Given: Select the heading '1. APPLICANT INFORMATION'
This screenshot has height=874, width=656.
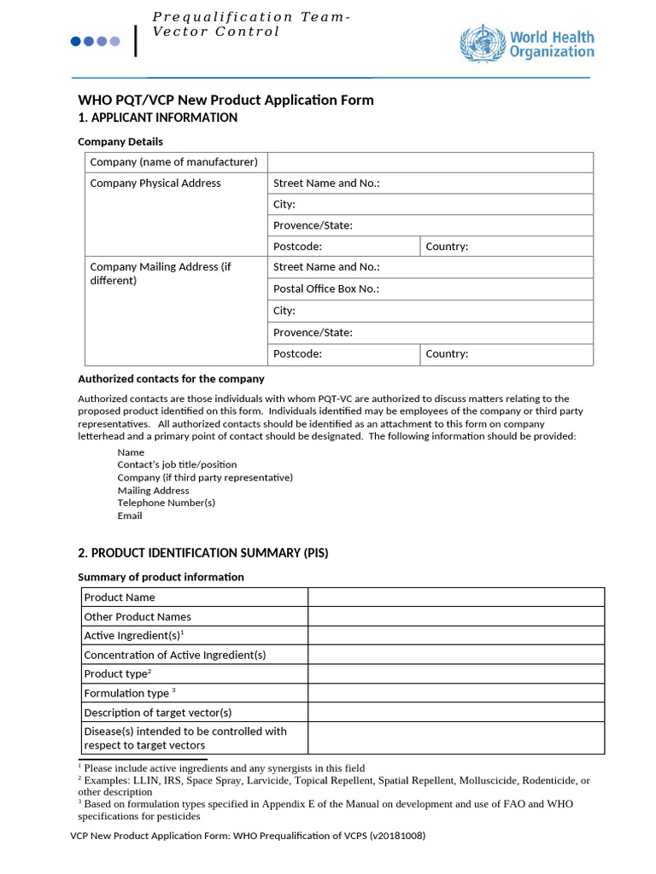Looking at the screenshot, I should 158,118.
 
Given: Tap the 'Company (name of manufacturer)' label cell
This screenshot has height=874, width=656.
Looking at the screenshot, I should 173,162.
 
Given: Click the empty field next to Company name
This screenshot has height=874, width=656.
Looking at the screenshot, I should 430,162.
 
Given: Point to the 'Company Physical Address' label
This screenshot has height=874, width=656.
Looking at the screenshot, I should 155,184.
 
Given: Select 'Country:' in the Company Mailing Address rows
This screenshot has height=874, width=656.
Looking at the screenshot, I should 447,354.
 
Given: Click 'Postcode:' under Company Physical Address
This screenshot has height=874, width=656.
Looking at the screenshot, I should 297,247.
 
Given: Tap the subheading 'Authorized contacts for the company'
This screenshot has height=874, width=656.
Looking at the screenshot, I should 171,379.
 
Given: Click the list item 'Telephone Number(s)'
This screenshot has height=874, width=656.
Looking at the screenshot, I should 166,503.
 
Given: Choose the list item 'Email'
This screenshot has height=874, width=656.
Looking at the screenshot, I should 130,516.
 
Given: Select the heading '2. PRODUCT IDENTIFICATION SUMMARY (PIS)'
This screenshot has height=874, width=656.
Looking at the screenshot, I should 203,553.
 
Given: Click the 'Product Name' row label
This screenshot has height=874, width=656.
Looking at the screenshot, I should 120,597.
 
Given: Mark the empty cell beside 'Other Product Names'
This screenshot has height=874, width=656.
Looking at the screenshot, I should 455,616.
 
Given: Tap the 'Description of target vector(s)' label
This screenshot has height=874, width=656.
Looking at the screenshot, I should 158,713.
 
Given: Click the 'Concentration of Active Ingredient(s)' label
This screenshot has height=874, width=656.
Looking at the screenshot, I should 175,655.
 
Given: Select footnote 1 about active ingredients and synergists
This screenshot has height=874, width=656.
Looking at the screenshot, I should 224,768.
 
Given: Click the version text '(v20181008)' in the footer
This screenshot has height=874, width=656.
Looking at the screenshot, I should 397,836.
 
